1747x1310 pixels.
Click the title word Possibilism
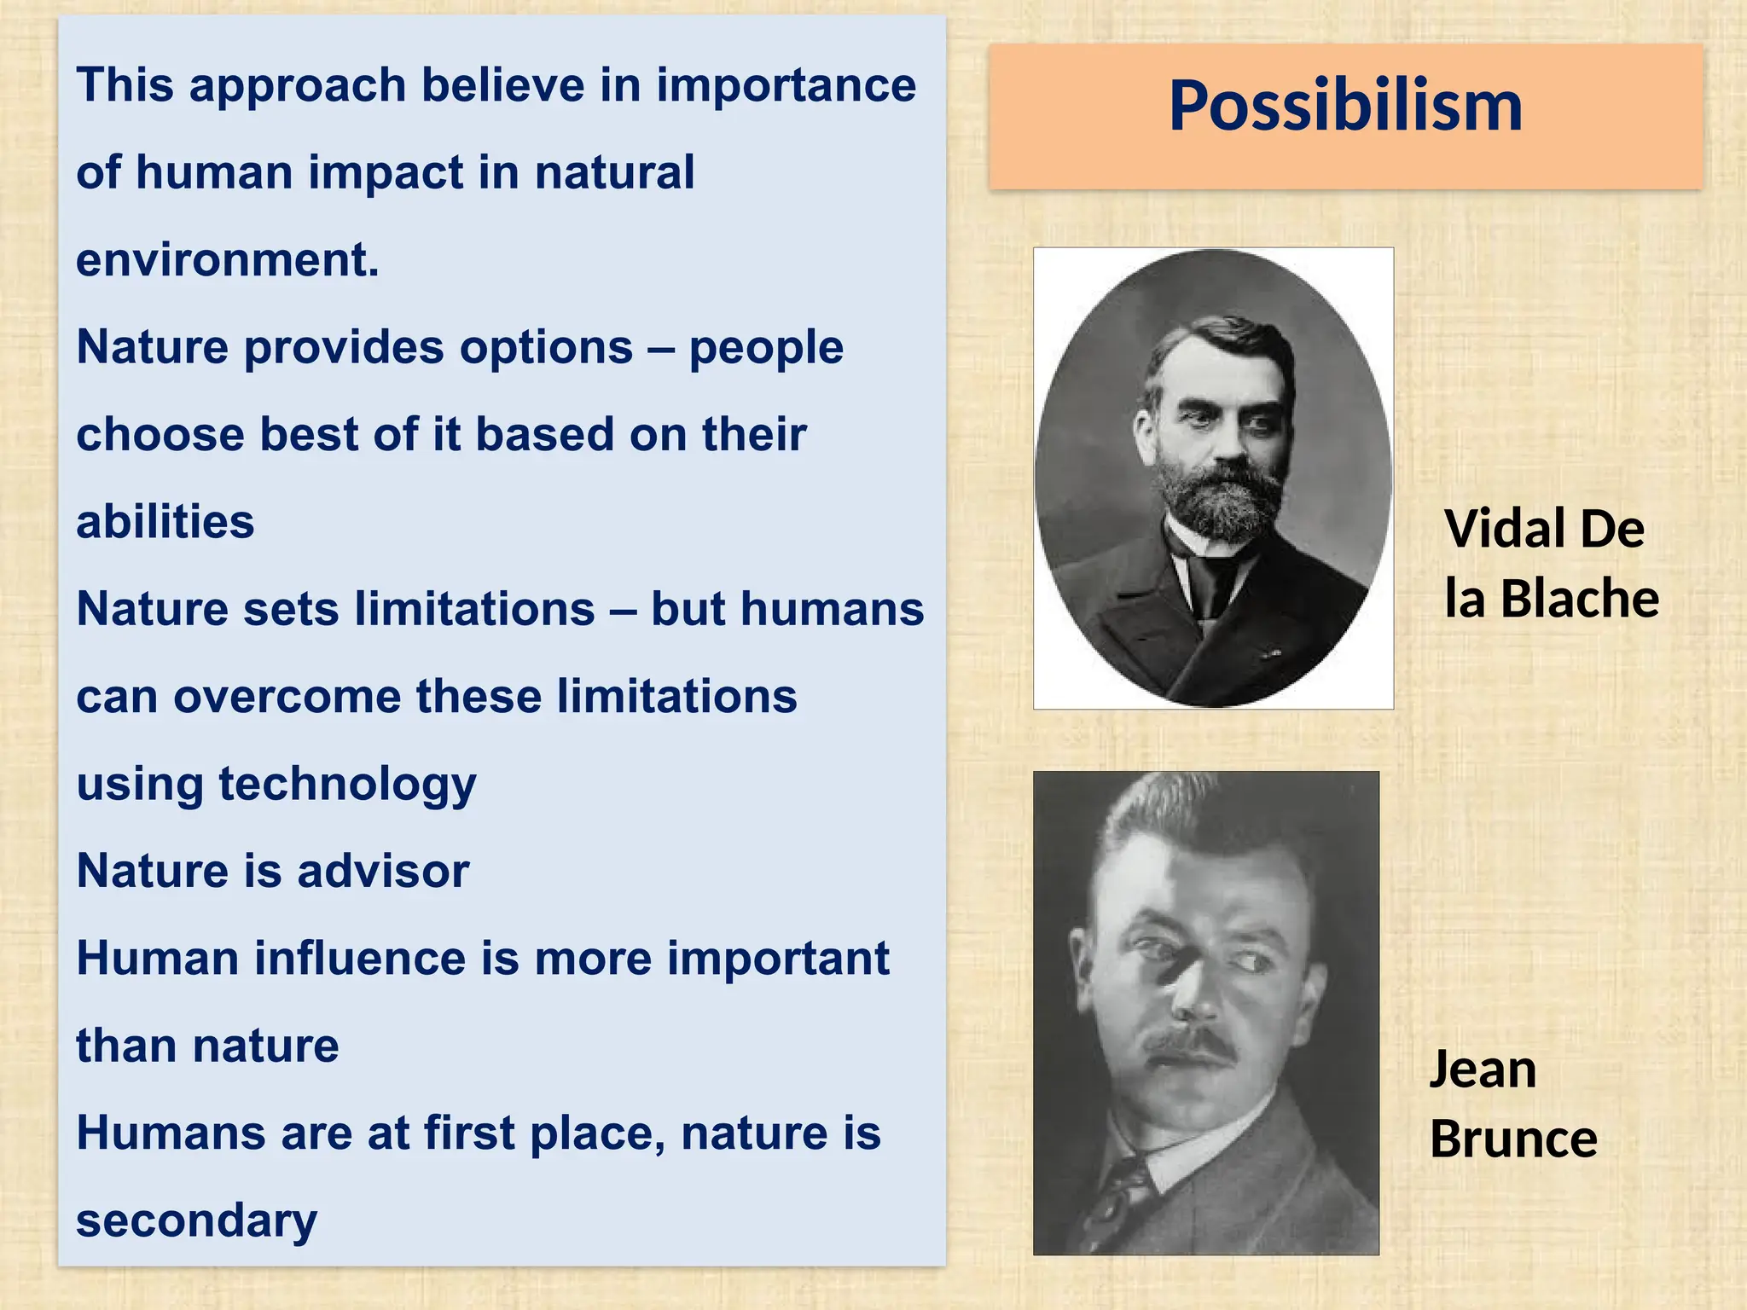(1345, 106)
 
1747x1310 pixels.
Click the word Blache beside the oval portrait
(1579, 599)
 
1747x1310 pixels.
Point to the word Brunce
(1513, 1139)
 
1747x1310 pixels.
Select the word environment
(227, 260)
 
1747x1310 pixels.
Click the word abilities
(165, 522)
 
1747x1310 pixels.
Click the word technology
(347, 785)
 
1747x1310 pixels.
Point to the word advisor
(383, 872)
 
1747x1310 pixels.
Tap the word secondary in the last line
(196, 1221)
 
